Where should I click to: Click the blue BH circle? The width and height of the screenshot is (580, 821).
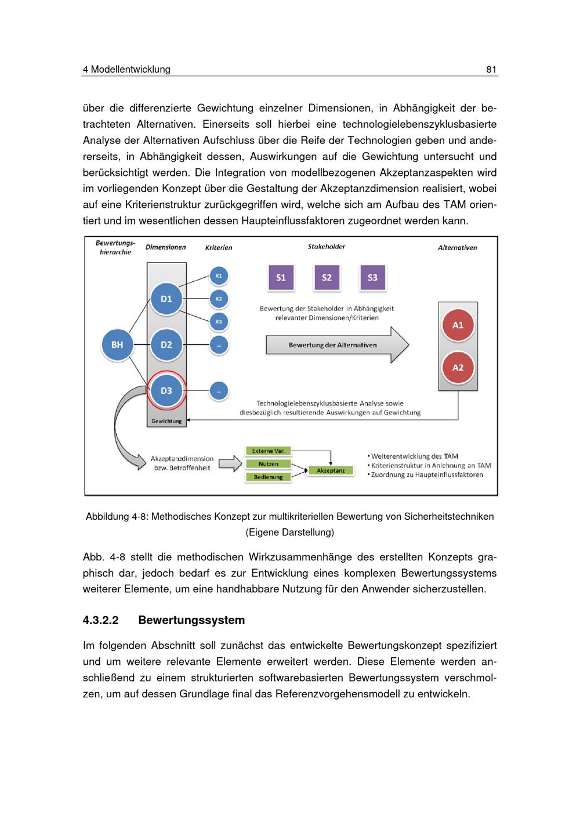(x=117, y=345)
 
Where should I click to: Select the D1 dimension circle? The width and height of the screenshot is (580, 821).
(x=166, y=299)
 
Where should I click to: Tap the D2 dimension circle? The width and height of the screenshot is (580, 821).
(x=166, y=345)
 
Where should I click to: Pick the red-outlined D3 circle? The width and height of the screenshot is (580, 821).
(x=166, y=391)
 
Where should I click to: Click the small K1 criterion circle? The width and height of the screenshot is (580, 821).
(x=219, y=276)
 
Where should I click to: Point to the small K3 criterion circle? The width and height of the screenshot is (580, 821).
(x=219, y=322)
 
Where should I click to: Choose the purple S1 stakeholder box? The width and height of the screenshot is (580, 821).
(x=281, y=278)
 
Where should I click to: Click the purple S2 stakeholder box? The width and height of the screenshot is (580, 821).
(x=327, y=278)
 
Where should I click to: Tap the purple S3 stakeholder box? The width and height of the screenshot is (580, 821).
(x=372, y=278)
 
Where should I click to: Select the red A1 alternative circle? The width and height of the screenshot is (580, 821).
(x=458, y=325)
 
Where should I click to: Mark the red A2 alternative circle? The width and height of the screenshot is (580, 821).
(x=458, y=368)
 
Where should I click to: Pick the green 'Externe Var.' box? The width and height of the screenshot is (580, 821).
(x=268, y=451)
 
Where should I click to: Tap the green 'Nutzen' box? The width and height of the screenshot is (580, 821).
(x=268, y=464)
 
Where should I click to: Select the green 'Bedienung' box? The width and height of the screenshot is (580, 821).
(x=268, y=477)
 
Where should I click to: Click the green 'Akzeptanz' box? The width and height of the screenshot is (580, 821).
(x=331, y=470)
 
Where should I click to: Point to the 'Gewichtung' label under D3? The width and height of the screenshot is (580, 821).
(x=166, y=421)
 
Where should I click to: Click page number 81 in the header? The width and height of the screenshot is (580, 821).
(x=491, y=70)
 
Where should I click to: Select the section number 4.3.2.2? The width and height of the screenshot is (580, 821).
(x=101, y=620)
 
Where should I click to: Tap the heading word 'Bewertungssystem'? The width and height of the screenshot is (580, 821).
(x=191, y=620)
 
